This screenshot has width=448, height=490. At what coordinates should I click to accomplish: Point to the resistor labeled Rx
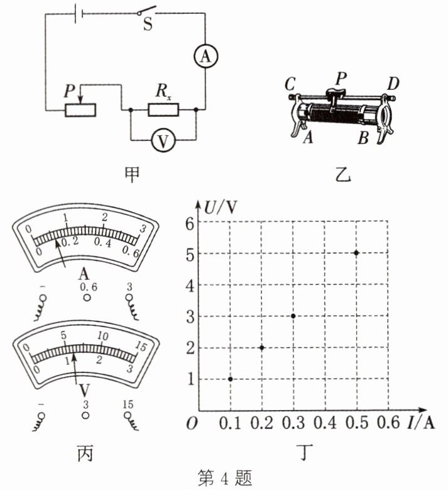pyautogui.click(x=163, y=110)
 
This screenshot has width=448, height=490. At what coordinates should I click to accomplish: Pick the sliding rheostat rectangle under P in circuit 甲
pyautogui.click(x=80, y=110)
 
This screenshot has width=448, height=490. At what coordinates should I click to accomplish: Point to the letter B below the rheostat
pyautogui.click(x=363, y=137)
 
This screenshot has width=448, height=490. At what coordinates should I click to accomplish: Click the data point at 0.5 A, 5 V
pyautogui.click(x=356, y=253)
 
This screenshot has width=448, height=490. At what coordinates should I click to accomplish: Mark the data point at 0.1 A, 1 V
pyautogui.click(x=231, y=379)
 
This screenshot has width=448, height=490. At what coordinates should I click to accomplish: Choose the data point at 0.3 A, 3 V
pyautogui.click(x=293, y=316)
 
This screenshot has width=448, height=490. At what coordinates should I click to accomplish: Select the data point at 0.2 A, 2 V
pyautogui.click(x=262, y=347)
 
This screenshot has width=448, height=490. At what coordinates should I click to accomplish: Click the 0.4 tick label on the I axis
pyautogui.click(x=324, y=423)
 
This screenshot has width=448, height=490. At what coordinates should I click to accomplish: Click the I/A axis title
pyautogui.click(x=421, y=422)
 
